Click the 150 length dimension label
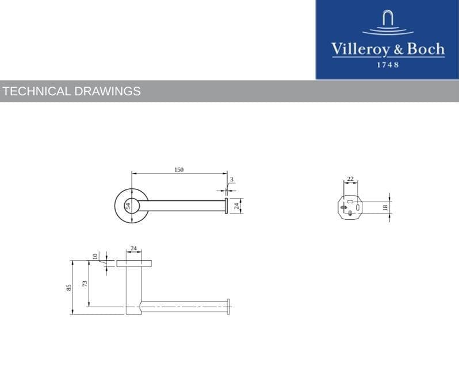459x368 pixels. (179, 169)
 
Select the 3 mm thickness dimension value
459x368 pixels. (231, 180)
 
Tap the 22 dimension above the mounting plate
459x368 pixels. (350, 179)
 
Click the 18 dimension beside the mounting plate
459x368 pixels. (385, 207)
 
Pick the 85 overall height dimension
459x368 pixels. (68, 287)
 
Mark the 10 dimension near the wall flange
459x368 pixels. (95, 256)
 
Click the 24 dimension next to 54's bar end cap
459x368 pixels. (236, 205)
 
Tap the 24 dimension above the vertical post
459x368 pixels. (133, 249)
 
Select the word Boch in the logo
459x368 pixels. (426, 49)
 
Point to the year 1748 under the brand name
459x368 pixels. (388, 65)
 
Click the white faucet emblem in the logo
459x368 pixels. (388, 22)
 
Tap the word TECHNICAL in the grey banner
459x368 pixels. (37, 91)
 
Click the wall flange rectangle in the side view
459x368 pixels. (134, 263)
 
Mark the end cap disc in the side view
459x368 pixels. (228, 306)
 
